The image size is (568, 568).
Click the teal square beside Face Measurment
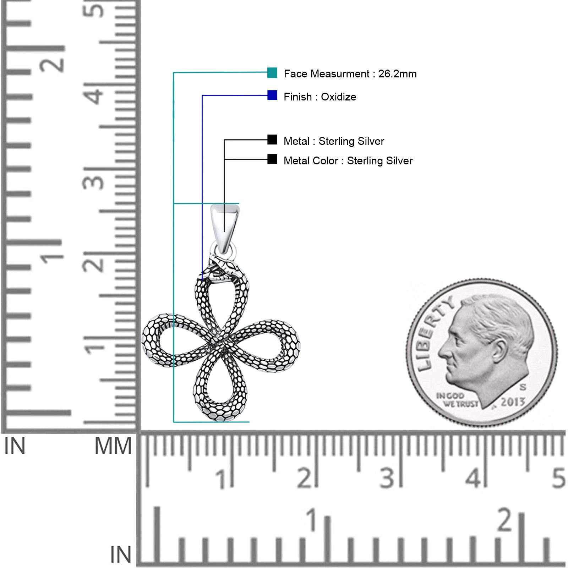[x=272, y=73]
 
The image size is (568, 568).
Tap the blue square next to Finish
[x=272, y=95]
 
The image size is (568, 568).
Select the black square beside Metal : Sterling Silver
[x=272, y=140]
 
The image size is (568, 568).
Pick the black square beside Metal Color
[x=272, y=159]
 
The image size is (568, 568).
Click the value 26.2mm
[x=397, y=74]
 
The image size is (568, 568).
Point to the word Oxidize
[x=338, y=97]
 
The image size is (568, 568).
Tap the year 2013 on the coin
[x=513, y=402]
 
